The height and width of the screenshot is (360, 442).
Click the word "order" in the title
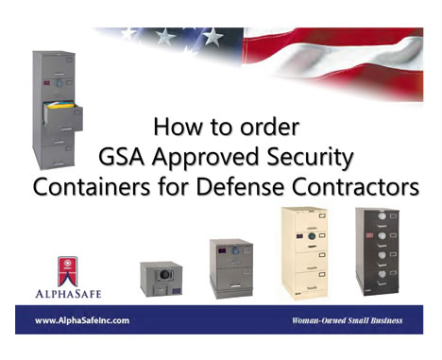click(269, 127)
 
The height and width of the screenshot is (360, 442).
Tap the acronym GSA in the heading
click(121, 157)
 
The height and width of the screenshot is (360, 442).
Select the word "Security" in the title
click(310, 158)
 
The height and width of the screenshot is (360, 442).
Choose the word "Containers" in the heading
click(92, 187)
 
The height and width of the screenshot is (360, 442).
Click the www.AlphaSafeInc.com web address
click(82, 320)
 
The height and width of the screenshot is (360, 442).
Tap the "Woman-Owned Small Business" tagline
click(347, 320)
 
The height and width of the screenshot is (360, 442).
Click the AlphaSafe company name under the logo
click(68, 294)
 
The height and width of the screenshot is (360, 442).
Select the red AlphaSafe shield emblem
click(68, 271)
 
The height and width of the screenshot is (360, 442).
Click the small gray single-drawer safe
click(161, 279)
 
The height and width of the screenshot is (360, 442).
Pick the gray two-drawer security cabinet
click(231, 268)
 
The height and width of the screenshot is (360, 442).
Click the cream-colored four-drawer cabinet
click(304, 253)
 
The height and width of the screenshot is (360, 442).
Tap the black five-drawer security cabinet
click(378, 251)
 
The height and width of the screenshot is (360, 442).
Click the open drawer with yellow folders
click(63, 115)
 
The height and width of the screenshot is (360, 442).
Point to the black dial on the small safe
click(163, 275)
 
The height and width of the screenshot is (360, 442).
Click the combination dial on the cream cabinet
click(312, 236)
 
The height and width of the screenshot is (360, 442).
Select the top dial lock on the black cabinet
click(382, 216)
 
